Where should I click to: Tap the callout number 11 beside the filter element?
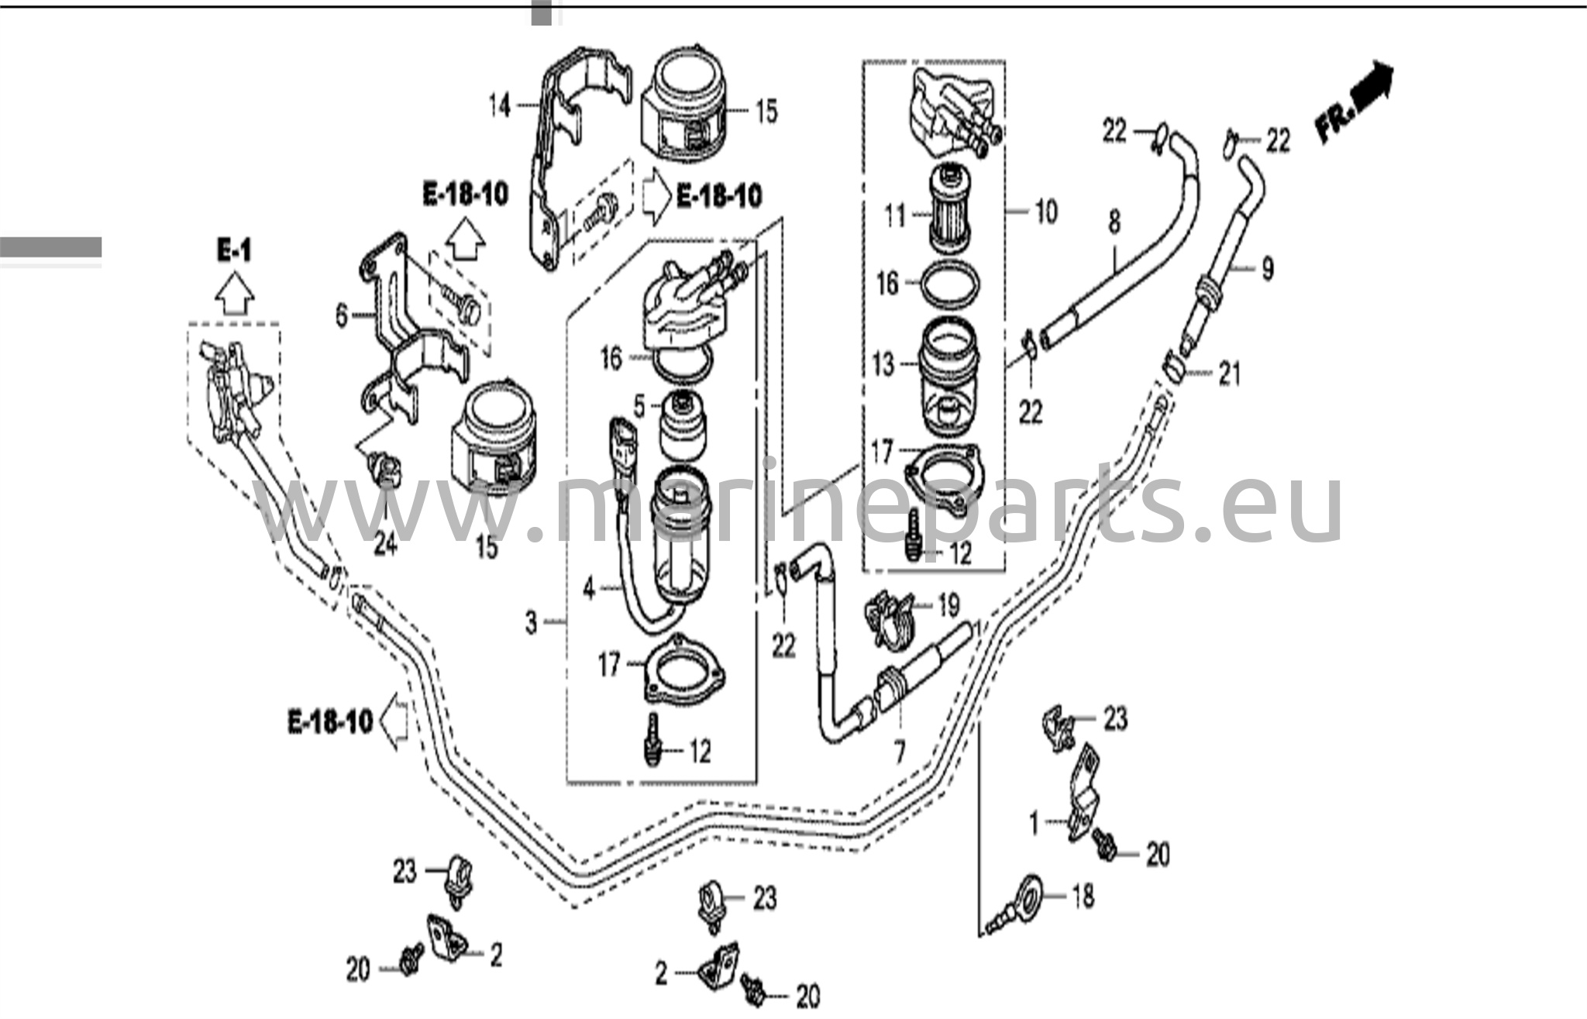pyautogui.click(x=895, y=215)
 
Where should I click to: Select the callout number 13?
pyautogui.click(x=883, y=364)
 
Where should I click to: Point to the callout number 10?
pyautogui.click(x=1046, y=211)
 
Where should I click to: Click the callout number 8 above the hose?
pyautogui.click(x=1114, y=222)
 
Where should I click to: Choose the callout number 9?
pyautogui.click(x=1268, y=269)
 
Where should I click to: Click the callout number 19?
pyautogui.click(x=948, y=605)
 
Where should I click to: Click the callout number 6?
pyautogui.click(x=342, y=315)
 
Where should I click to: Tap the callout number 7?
pyautogui.click(x=900, y=752)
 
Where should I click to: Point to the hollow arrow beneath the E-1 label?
pyautogui.click(x=234, y=296)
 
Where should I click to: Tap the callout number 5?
pyautogui.click(x=639, y=405)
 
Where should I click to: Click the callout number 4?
pyautogui.click(x=589, y=589)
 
